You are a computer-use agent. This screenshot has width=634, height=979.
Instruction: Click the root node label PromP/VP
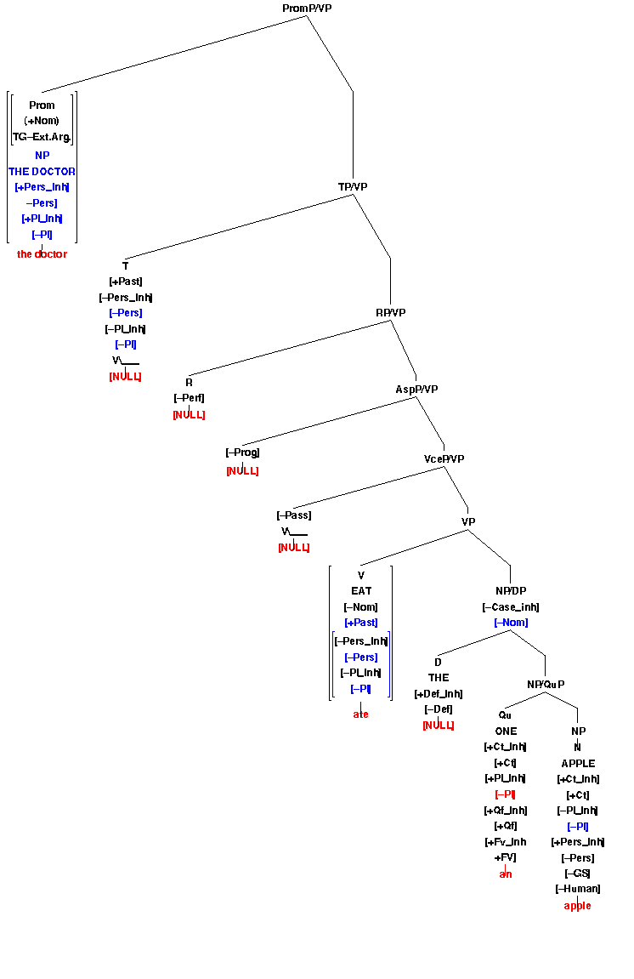click(307, 9)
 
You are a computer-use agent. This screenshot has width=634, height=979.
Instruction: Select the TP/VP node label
click(353, 186)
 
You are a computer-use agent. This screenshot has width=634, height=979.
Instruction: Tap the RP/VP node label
click(391, 313)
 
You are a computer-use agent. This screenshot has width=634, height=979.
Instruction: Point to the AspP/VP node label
click(416, 390)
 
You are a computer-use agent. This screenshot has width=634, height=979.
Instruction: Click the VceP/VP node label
click(444, 459)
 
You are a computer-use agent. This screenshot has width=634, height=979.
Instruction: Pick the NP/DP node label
click(511, 591)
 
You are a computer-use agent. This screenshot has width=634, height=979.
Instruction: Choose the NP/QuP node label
click(545, 684)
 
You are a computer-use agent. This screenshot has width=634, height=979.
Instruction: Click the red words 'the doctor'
click(42, 254)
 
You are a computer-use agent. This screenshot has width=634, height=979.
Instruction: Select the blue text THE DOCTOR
click(42, 172)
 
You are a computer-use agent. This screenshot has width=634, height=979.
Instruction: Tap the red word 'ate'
click(361, 714)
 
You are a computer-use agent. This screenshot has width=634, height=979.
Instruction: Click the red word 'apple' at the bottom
click(578, 906)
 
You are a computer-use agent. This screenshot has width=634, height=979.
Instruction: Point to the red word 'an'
click(506, 874)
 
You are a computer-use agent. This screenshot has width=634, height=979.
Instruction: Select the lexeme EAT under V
click(361, 591)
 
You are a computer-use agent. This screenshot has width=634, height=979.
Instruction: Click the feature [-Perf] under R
click(189, 398)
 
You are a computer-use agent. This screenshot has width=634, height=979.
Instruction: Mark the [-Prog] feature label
click(242, 453)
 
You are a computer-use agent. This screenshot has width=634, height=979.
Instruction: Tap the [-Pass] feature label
click(294, 515)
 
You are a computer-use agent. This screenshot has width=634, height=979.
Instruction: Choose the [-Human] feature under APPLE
click(578, 889)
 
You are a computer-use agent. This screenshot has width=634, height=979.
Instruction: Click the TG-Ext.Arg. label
click(42, 137)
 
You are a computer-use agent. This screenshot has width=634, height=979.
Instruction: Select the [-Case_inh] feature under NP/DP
click(511, 607)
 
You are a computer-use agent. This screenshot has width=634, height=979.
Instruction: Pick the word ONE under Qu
click(506, 731)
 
